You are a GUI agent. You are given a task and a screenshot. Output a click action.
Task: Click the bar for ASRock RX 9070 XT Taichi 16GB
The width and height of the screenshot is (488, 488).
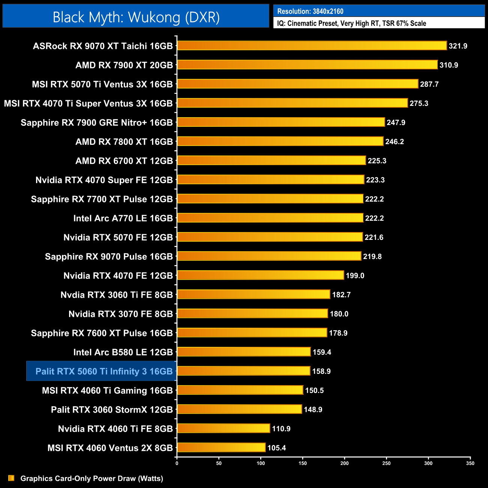312,46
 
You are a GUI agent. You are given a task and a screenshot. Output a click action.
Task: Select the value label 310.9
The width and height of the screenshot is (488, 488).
449,65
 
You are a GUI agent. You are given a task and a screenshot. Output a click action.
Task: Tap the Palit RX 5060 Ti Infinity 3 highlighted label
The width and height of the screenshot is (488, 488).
104,372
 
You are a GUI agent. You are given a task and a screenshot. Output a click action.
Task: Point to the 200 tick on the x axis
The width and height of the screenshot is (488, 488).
344,463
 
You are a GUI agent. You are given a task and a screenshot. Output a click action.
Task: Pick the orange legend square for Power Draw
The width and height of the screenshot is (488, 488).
11,478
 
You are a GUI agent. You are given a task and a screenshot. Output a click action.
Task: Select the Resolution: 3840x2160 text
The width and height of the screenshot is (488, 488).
310,11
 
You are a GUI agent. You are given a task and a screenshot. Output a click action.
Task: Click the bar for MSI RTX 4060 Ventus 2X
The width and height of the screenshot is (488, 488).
221,447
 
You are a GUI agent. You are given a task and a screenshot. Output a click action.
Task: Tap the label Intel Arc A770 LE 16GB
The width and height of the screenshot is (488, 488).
123,218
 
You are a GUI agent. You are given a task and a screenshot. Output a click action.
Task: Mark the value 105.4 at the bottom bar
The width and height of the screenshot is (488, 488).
276,448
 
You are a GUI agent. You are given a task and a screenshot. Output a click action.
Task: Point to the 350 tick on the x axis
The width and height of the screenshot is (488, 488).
470,463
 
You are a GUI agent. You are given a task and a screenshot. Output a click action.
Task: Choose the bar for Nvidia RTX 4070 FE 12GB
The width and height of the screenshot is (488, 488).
261,275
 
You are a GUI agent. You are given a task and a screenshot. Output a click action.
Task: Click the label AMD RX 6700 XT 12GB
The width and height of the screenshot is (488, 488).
124,161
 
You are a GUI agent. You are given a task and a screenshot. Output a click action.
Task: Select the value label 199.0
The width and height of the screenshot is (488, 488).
355,276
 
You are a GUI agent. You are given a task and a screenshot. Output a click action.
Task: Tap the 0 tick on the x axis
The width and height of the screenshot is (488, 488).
177,463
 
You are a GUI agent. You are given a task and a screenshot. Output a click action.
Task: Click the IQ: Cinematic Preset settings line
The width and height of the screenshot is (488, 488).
351,23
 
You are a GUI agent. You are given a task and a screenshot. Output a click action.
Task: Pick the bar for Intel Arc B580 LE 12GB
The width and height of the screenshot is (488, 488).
244,352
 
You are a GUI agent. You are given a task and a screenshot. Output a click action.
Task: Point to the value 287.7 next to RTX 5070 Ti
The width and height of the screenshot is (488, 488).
429,84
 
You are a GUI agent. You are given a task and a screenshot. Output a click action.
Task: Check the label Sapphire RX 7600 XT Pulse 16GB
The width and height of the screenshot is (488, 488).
102,333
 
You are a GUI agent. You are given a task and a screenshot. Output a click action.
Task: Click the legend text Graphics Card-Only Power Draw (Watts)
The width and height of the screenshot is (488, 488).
92,479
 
